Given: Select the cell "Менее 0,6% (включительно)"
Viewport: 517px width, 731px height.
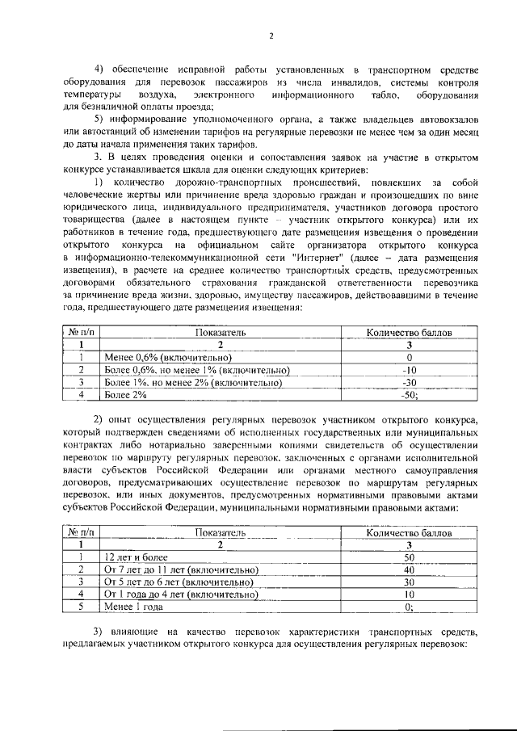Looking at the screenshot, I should point(167,357).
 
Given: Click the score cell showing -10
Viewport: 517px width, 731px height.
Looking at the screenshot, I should point(409,370).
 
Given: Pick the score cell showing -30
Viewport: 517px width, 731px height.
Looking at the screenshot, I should point(409,382).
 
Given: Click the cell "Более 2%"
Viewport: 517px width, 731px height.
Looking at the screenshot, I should point(126,395).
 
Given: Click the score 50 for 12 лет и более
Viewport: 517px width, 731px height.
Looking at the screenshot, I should point(409,557).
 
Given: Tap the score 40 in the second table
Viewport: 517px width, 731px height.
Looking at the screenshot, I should point(409,569).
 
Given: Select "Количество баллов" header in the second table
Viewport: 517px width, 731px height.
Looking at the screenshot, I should point(409,532).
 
